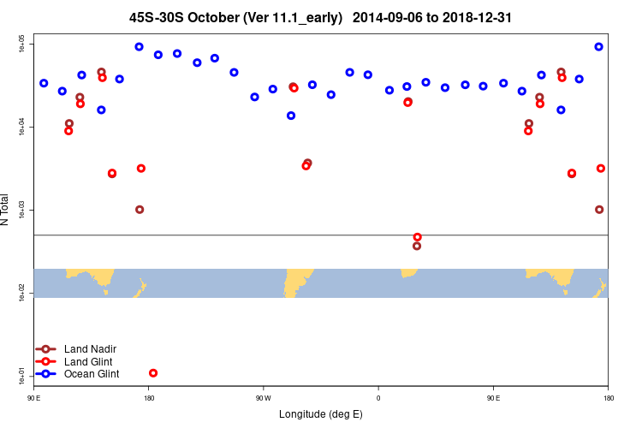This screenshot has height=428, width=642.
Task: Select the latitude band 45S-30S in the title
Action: pos(158,16)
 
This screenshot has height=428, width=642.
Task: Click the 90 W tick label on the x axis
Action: pos(263,398)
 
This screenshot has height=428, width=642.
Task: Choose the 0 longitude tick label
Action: pos(377,398)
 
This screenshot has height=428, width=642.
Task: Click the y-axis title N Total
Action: pos(6,210)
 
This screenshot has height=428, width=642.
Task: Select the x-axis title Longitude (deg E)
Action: pos(321,414)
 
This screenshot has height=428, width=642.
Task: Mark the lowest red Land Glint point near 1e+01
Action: pos(153,373)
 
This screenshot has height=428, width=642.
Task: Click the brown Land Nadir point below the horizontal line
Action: pos(417,246)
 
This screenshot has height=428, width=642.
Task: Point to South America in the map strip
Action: pos(296,279)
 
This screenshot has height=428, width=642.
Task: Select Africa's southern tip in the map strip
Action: pos(409,273)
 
